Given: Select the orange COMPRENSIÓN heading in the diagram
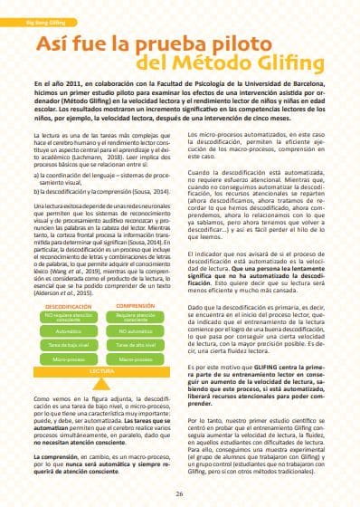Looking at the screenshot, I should click(x=135, y=306).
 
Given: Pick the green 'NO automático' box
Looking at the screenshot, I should click(x=135, y=332).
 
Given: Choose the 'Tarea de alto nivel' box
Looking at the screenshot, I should click(x=135, y=346).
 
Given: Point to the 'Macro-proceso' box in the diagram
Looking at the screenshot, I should click(x=135, y=359).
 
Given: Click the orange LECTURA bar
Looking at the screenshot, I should click(x=101, y=370).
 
